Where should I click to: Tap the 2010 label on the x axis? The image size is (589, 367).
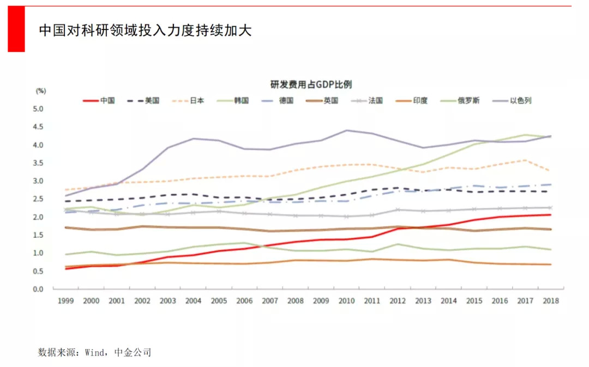[347, 300]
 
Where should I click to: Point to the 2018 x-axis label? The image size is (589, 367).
[551, 300]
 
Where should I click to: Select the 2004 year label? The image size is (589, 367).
[194, 300]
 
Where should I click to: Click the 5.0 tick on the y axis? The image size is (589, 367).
[38, 109]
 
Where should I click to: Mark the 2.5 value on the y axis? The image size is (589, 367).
[38, 199]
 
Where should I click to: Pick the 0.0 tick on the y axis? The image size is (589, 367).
[38, 289]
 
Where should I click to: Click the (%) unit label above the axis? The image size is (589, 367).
[41, 91]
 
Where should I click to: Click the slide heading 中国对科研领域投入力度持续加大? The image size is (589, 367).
[145, 30]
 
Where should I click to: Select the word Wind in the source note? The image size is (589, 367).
[94, 352]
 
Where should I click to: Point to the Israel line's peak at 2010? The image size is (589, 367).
[347, 130]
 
